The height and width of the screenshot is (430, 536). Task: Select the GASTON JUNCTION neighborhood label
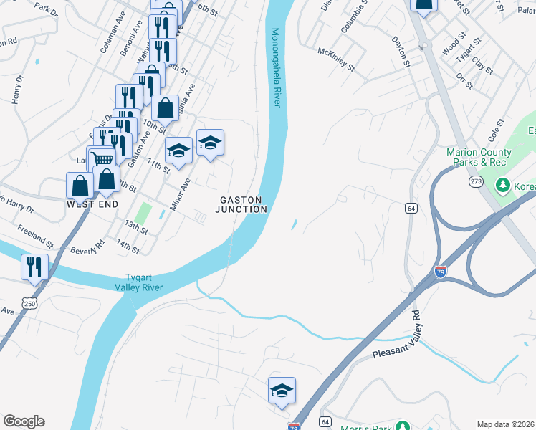coord(243,204)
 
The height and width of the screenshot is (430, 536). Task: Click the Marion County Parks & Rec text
coord(479,157)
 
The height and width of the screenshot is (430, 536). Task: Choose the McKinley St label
coord(336,59)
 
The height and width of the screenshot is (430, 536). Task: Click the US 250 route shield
coord(29,304)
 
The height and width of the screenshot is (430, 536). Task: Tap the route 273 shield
coord(477,181)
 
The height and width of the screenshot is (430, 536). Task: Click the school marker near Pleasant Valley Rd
coord(282,391)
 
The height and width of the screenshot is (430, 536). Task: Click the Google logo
coord(24,421)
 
